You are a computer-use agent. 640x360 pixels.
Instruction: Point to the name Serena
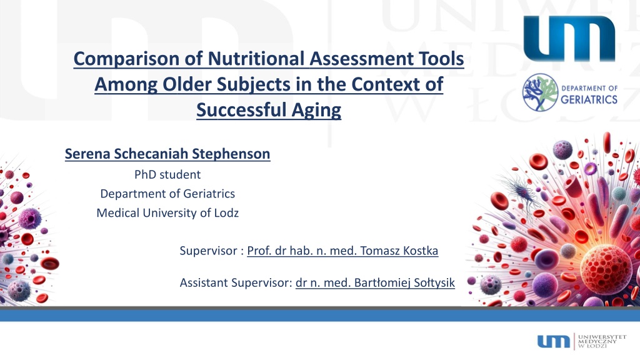click(87, 154)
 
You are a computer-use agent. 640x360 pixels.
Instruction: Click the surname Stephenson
click(231, 154)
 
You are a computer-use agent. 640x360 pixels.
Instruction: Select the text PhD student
click(167, 175)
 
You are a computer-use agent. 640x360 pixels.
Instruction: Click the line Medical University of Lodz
click(167, 213)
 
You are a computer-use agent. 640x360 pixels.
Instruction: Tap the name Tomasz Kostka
click(399, 251)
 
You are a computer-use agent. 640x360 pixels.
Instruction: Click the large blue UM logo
click(569, 38)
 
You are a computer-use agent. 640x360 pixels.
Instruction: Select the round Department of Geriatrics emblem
click(541, 92)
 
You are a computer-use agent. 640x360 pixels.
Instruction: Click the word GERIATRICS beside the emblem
click(589, 99)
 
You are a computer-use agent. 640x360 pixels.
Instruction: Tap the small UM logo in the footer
click(554, 341)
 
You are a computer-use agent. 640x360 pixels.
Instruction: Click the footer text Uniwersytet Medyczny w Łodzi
click(602, 341)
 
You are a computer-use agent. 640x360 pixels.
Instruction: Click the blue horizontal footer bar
click(320, 316)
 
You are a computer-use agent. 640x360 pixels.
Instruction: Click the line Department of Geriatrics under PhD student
click(167, 194)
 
